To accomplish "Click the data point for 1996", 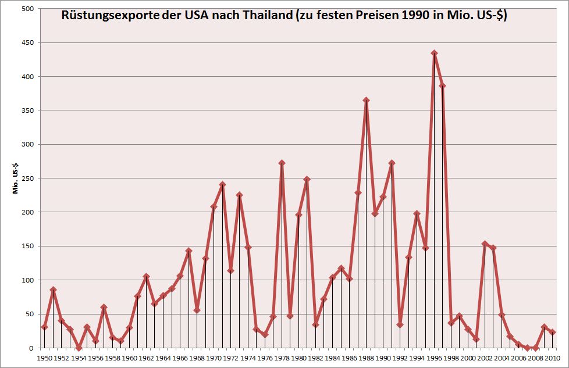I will (434, 53).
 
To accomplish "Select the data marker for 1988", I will (366, 100).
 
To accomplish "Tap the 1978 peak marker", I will (282, 163).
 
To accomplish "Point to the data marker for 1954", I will (79, 348).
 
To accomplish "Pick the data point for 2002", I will (485, 244).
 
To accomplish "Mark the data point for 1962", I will (146, 276).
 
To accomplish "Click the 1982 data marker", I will (315, 324).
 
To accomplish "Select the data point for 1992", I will (400, 324).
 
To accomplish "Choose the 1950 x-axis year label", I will (44, 358).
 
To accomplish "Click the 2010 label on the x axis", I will (553, 358).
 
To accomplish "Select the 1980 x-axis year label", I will (298, 358).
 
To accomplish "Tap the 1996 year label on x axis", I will (434, 358).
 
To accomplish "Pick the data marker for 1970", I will (214, 206).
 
